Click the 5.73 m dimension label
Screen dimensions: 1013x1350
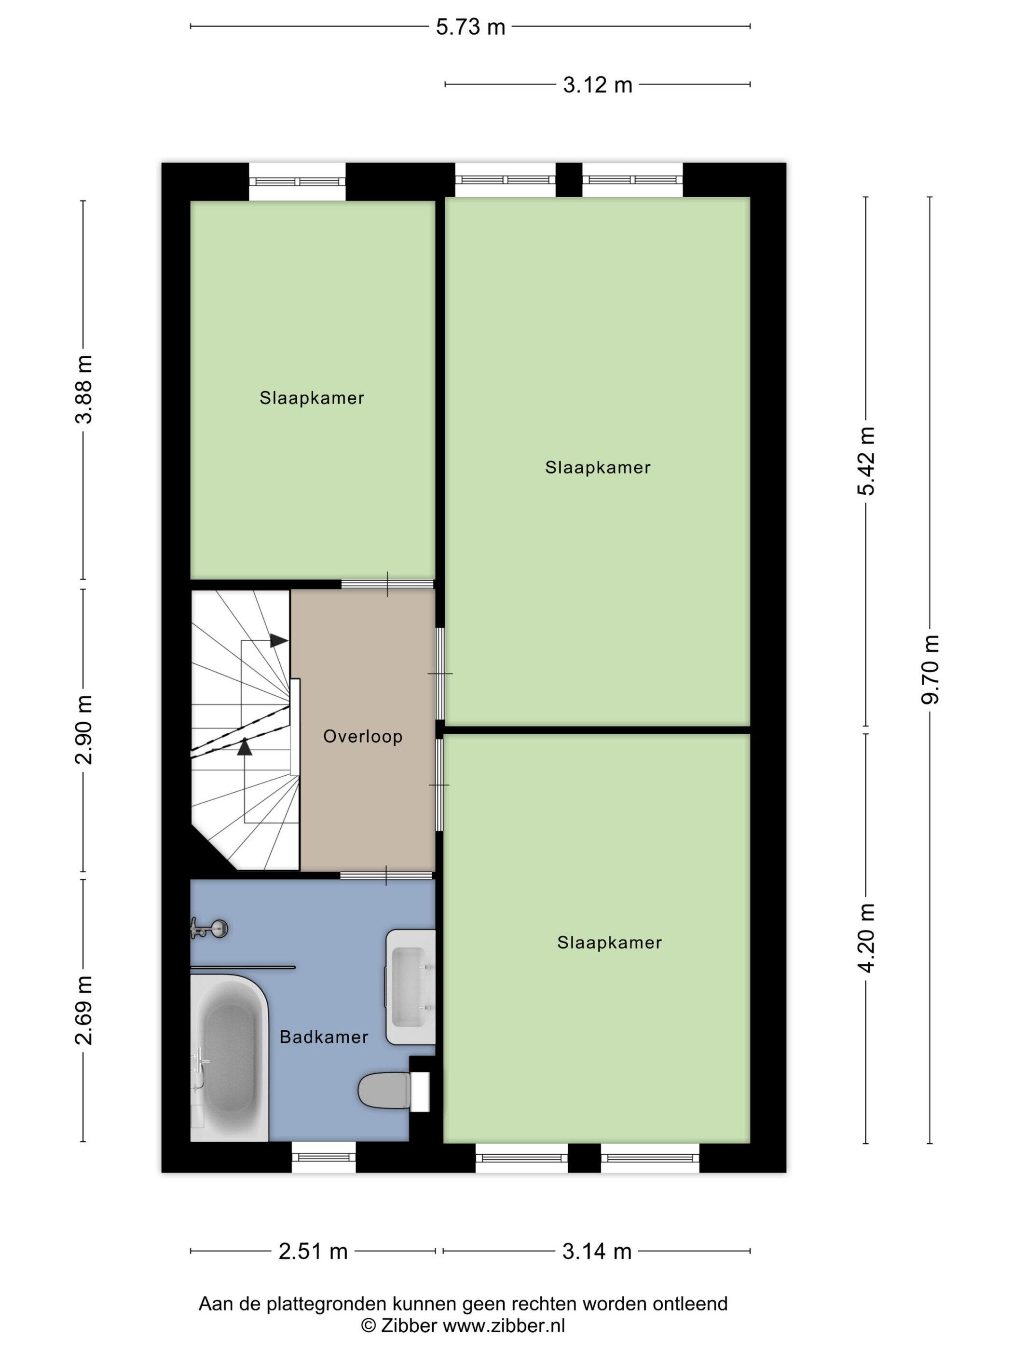coord(470,27)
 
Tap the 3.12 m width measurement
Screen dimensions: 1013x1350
coord(597,85)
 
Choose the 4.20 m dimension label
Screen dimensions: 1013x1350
coord(866,938)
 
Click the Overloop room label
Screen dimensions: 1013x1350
coord(363,737)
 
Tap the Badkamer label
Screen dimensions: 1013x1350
coord(324,1037)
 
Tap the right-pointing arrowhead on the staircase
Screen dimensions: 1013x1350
coord(279,641)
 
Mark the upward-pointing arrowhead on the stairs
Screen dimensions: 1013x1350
coord(244,746)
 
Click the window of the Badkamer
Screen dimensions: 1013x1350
coord(324,1157)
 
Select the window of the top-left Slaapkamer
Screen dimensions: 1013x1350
coord(297,181)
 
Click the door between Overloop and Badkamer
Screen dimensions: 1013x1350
coord(386,875)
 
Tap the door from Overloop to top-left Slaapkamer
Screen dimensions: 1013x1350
coord(387,584)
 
